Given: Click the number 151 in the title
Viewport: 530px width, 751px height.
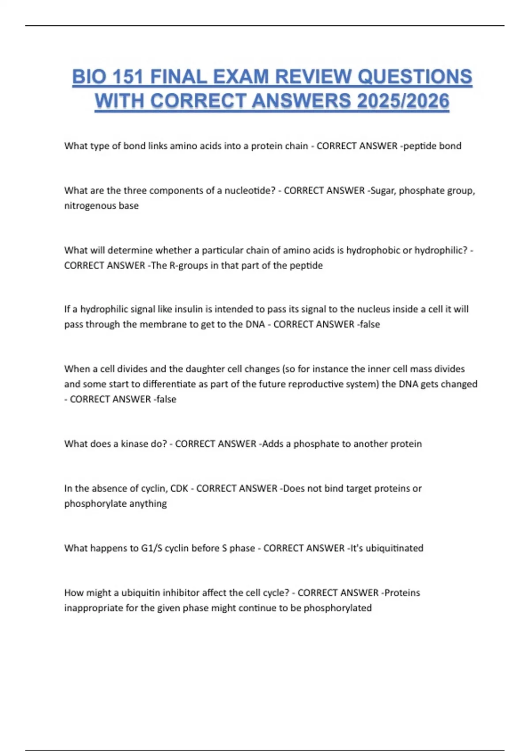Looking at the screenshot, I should [x=128, y=77].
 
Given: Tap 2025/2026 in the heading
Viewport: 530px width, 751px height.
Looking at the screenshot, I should [x=403, y=101].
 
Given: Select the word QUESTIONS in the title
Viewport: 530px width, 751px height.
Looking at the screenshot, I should [x=415, y=77].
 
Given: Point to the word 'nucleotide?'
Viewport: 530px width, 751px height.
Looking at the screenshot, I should [x=250, y=190].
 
